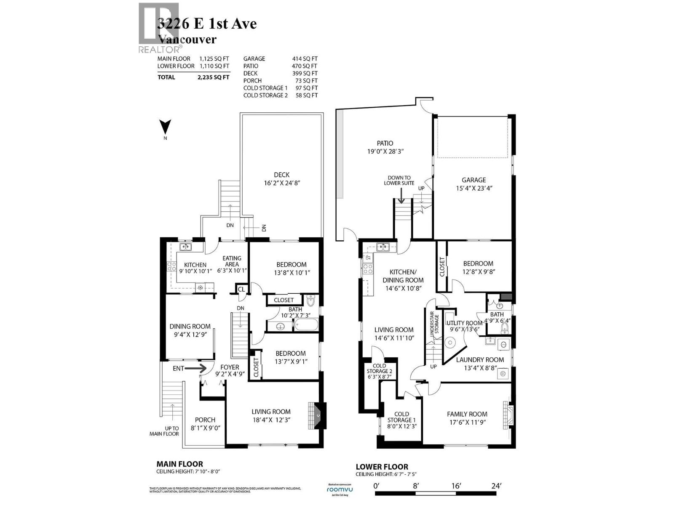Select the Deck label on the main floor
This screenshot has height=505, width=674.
coord(281,175)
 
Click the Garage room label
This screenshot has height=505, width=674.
coord(474,180)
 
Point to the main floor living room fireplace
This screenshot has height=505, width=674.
coord(316,415)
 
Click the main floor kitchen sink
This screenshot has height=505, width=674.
coord(185,247)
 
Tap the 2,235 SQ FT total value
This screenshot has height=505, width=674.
coord(215,77)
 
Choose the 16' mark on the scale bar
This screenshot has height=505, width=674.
coord(456,486)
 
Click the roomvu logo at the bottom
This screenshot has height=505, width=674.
coord(340,489)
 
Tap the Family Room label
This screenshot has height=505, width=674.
coord(467,414)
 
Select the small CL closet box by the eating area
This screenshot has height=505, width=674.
coord(241,289)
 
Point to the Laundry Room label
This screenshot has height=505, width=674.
coord(480,360)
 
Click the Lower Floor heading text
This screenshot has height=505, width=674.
coord(382,467)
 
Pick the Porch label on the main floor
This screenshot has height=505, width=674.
coord(205,420)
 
